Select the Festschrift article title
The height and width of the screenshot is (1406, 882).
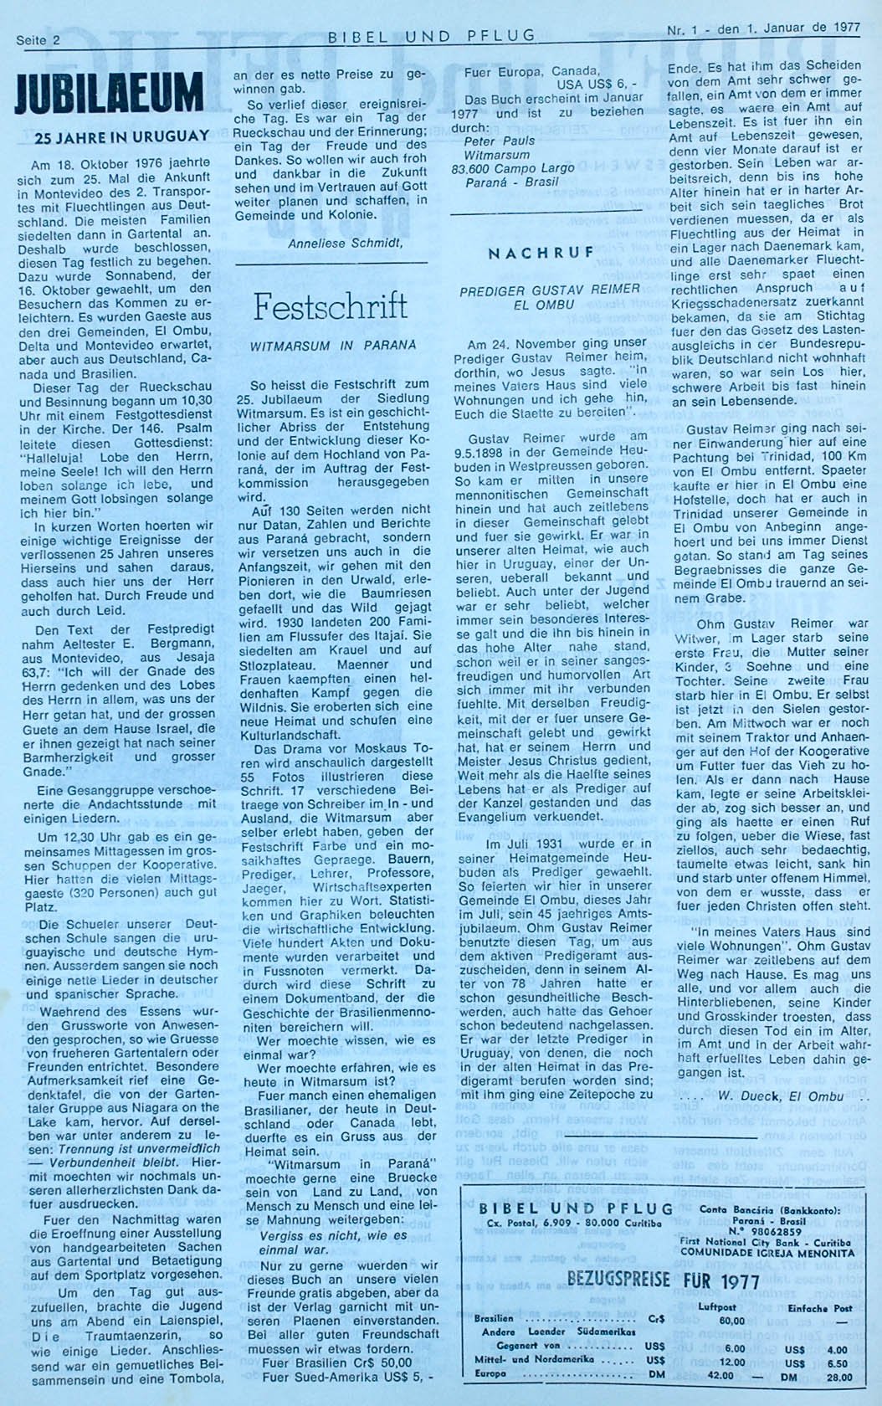click(x=331, y=306)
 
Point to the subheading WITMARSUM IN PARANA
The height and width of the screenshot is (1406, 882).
click(x=332, y=345)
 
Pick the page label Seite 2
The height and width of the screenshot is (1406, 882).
click(x=39, y=39)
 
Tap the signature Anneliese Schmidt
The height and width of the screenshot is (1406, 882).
click(x=345, y=244)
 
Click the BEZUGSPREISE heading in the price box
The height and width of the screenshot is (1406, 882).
click(x=618, y=1279)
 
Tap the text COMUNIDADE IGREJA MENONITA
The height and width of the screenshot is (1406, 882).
click(x=763, y=1253)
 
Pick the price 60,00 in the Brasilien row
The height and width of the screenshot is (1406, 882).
click(x=732, y=1320)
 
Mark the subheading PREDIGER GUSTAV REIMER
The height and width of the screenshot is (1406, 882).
click(x=550, y=289)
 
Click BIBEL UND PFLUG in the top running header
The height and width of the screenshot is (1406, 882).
click(x=431, y=36)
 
